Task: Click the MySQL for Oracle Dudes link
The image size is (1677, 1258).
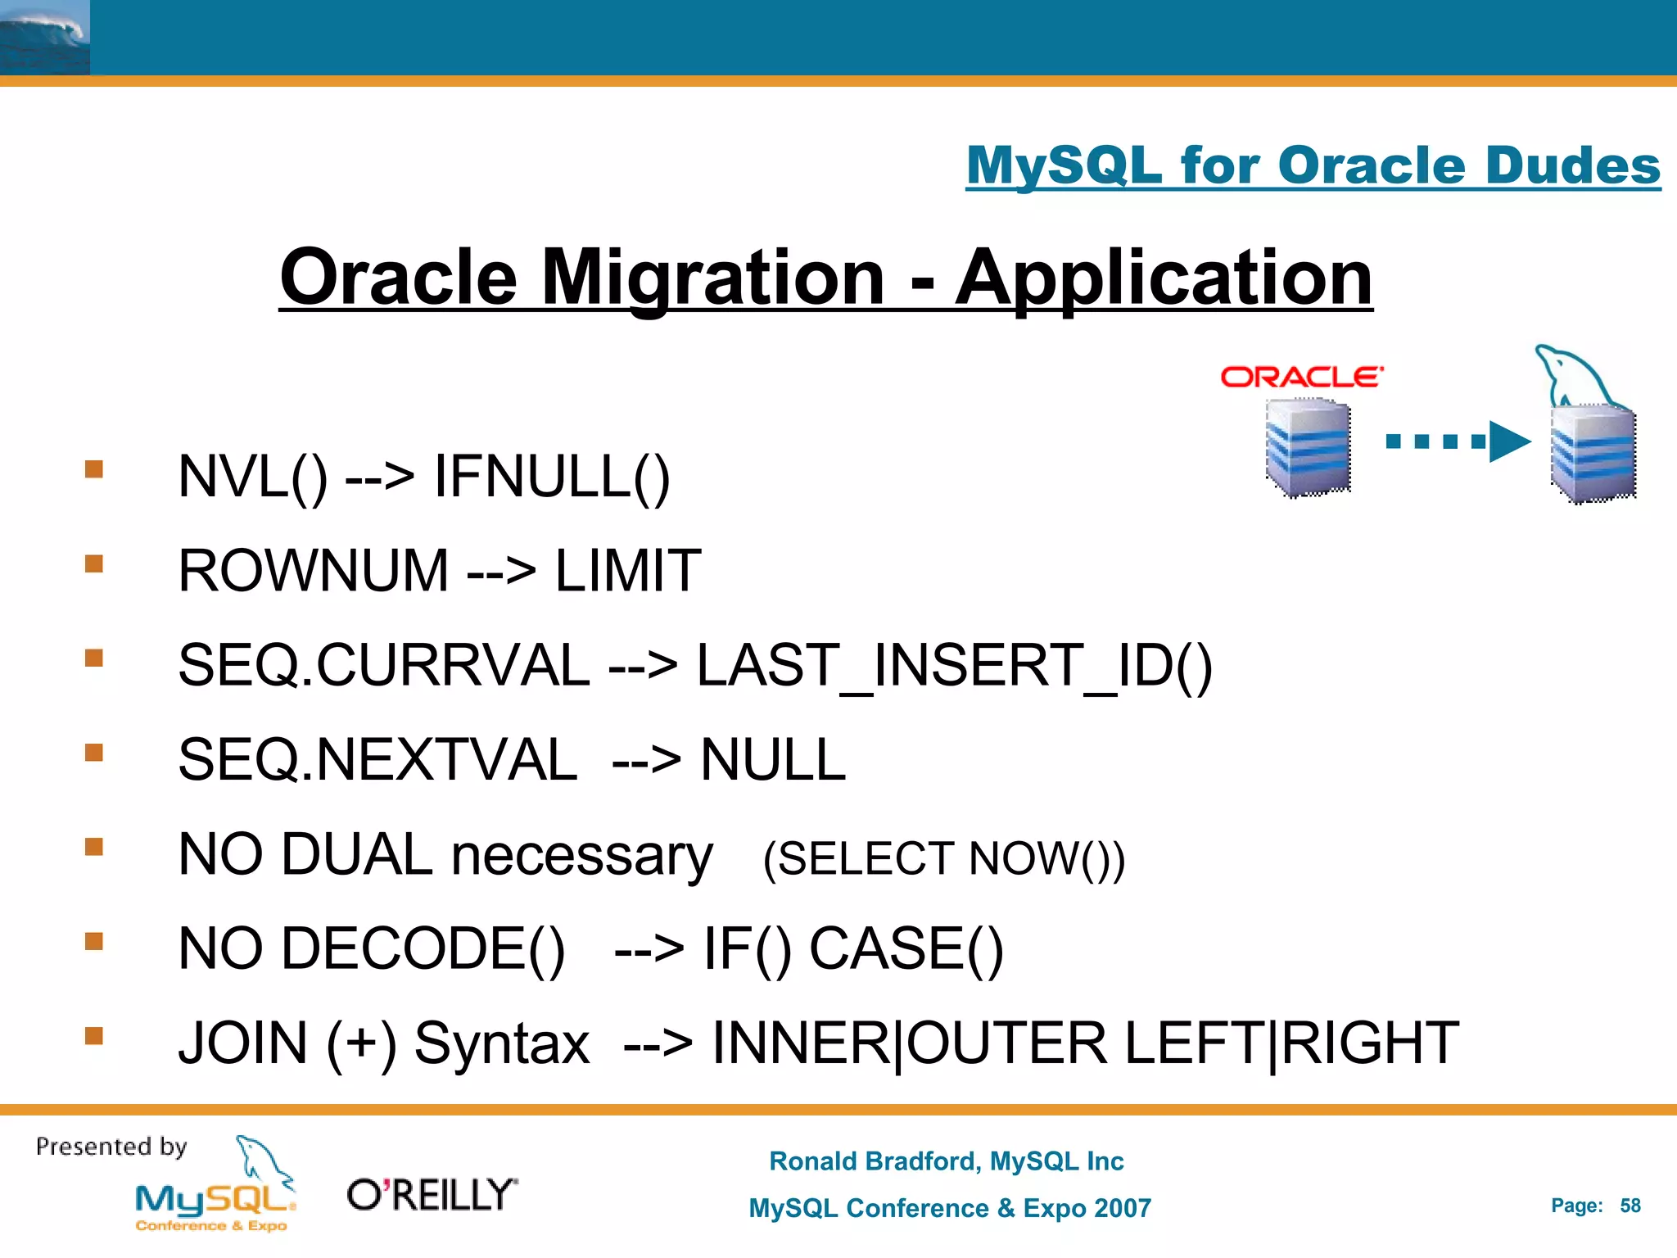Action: (1313, 166)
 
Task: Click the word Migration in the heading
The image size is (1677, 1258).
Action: (712, 278)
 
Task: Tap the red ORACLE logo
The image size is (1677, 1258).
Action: (1301, 377)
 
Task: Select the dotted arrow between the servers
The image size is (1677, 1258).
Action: (1457, 442)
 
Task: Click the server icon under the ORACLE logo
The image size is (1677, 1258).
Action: (1308, 448)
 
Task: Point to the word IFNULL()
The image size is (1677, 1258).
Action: (551, 477)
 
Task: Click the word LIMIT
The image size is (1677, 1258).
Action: (628, 571)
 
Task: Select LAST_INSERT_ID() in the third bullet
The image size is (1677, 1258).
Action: (954, 665)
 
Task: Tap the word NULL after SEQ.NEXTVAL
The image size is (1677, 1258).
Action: (772, 760)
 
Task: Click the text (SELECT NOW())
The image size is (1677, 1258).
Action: (943, 859)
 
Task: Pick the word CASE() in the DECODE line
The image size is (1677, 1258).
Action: (906, 949)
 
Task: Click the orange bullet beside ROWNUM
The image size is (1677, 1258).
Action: (94, 563)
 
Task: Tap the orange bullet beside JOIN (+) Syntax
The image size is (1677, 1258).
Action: (94, 1036)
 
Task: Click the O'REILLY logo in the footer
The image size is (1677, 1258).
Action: (432, 1195)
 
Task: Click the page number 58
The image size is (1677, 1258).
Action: (1630, 1206)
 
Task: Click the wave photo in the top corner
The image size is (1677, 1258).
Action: (44, 38)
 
